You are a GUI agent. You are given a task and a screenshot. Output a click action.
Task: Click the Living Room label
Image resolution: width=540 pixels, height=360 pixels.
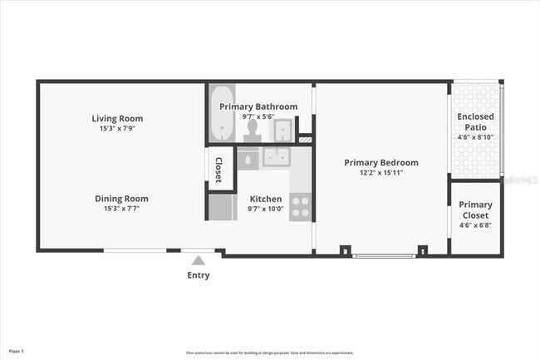coord(121,118)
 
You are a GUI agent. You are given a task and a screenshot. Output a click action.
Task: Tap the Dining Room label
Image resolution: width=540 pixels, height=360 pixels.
coord(121,199)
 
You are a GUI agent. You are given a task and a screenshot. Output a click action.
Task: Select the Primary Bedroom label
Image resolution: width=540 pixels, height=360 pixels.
coord(381,163)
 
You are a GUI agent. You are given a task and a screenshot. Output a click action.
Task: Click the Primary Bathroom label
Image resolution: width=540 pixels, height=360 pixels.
coord(258,107)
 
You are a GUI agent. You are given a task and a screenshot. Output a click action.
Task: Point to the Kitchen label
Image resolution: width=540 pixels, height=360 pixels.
coord(266,200)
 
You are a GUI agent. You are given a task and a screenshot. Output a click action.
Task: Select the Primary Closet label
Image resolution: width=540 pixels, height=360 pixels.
coord(475,210)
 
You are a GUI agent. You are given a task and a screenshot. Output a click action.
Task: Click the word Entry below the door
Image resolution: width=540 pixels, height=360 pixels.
coord(199,275)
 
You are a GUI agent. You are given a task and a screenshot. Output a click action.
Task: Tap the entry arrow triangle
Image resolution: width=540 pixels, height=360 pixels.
coord(198,260)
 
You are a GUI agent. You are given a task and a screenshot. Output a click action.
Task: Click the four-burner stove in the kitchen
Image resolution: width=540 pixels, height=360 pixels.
coord(301,206)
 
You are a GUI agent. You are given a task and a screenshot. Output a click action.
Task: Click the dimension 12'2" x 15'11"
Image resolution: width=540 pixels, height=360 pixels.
coord(381,174)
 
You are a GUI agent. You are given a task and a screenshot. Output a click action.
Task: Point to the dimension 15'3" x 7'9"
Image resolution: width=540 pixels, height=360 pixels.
coord(121,129)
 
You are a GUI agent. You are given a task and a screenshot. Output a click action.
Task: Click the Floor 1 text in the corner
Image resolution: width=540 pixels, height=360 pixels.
coord(17,352)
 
